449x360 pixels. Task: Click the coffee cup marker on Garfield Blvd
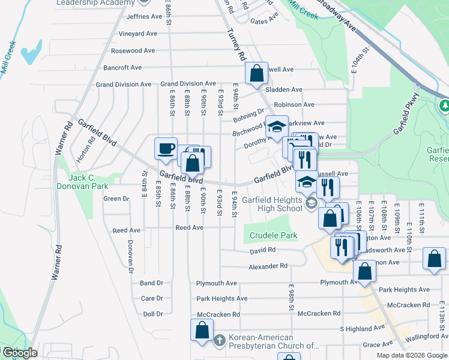coord(165,148)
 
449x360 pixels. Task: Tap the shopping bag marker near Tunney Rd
coord(256,74)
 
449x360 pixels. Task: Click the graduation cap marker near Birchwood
coord(277,126)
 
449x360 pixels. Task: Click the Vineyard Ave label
coord(137,34)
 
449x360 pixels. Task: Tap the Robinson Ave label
coord(294,104)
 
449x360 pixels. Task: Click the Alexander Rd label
coord(269,266)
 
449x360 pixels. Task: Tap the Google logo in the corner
coord(20,353)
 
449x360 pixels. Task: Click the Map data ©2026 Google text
coord(411,355)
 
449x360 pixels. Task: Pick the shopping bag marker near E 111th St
coord(433,259)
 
